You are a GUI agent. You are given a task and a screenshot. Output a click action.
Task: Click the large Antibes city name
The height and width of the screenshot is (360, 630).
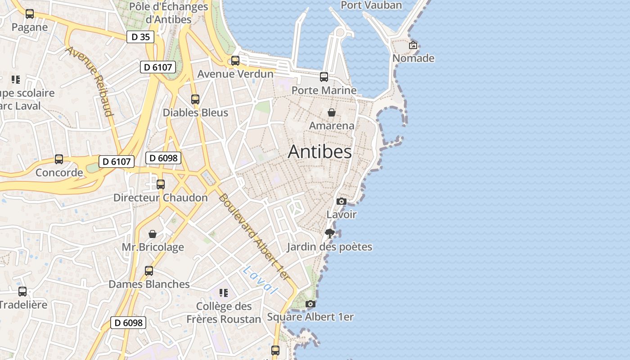click(319, 152)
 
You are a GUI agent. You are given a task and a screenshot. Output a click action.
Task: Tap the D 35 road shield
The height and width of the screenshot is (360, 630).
click(140, 37)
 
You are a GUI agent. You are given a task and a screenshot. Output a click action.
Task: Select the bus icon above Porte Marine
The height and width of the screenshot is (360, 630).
click(324, 77)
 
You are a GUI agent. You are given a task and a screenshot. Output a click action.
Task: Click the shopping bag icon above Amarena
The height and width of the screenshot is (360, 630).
click(332, 112)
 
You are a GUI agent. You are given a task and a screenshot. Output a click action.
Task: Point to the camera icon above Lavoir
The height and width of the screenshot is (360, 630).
click(341, 201)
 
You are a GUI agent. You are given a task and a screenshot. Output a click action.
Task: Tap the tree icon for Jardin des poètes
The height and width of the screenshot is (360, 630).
click(330, 233)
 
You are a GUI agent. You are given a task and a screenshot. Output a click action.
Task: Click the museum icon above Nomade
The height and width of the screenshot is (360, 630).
click(413, 45)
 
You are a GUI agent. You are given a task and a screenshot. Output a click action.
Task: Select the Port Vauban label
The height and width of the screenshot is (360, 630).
click(371, 5)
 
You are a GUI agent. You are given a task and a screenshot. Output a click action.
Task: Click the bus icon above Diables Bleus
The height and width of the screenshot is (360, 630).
click(195, 99)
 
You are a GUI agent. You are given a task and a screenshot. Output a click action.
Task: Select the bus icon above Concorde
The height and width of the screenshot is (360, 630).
click(59, 159)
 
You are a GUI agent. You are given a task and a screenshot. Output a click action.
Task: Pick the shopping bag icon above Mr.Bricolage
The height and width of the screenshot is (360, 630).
click(153, 234)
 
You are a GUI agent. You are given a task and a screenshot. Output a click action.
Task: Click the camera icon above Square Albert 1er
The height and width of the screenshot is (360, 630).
click(310, 304)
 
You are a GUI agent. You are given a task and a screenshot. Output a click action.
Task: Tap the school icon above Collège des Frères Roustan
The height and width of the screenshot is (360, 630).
click(224, 293)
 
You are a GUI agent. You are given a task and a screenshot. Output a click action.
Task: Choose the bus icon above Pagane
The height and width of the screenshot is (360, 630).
click(30, 14)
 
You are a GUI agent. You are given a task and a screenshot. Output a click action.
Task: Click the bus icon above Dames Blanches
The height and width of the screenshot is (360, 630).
click(149, 271)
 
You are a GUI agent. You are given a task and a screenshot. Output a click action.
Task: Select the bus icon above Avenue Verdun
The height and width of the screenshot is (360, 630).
click(235, 61)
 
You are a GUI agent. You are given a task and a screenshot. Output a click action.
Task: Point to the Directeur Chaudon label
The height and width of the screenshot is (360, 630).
click(161, 198)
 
